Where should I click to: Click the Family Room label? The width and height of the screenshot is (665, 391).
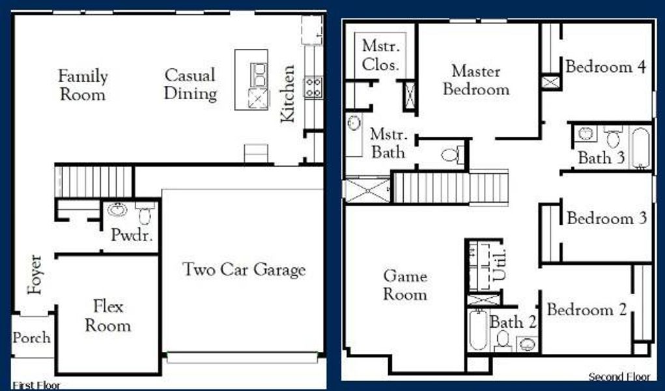tap(83, 85)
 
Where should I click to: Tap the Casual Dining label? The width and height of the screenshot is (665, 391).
tap(190, 84)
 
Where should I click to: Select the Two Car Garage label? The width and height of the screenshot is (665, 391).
tap(244, 269)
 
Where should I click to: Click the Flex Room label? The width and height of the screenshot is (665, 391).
tap(108, 315)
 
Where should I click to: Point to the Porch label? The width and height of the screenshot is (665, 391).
tap(31, 338)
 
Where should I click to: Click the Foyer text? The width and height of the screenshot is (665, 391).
tap(35, 274)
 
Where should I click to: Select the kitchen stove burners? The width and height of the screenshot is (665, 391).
tap(313, 87)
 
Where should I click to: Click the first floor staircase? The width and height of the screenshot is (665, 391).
tap(76, 179)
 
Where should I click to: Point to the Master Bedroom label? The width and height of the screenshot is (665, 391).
tap(476, 80)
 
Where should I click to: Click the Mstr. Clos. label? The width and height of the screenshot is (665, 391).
tap(381, 55)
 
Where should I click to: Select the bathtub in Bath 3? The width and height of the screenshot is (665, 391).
tap(640, 148)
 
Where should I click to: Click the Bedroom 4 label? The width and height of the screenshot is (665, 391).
tap(606, 66)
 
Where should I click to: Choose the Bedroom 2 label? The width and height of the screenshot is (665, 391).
tap(587, 310)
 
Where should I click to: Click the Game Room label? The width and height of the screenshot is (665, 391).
tap(404, 285)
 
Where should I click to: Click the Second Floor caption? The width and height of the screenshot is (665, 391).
tap(619, 377)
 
